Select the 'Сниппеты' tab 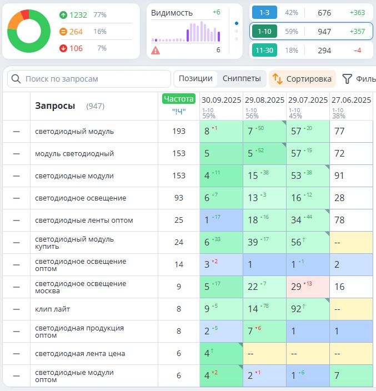pyautogui.click(x=242, y=79)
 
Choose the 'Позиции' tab pyautogui.click(x=195, y=79)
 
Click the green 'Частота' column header pyautogui.click(x=178, y=99)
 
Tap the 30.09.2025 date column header pyautogui.click(x=221, y=101)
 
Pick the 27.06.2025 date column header pyautogui.click(x=351, y=101)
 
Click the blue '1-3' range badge pyautogui.click(x=264, y=13)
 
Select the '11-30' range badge pyautogui.click(x=264, y=51)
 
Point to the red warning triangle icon pyautogui.click(x=156, y=51)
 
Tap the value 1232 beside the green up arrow pyautogui.click(x=78, y=15)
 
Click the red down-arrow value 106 pyautogui.click(x=76, y=48)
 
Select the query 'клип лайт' pyautogui.click(x=52, y=309)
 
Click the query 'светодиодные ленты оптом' pyautogui.click(x=84, y=220)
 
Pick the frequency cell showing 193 pyautogui.click(x=179, y=132)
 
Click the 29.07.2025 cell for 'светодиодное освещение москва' pyautogui.click(x=308, y=287)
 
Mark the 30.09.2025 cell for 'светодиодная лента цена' pyautogui.click(x=221, y=354)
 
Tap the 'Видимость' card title pyautogui.click(x=172, y=13)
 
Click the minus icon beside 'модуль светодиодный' pyautogui.click(x=16, y=154)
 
